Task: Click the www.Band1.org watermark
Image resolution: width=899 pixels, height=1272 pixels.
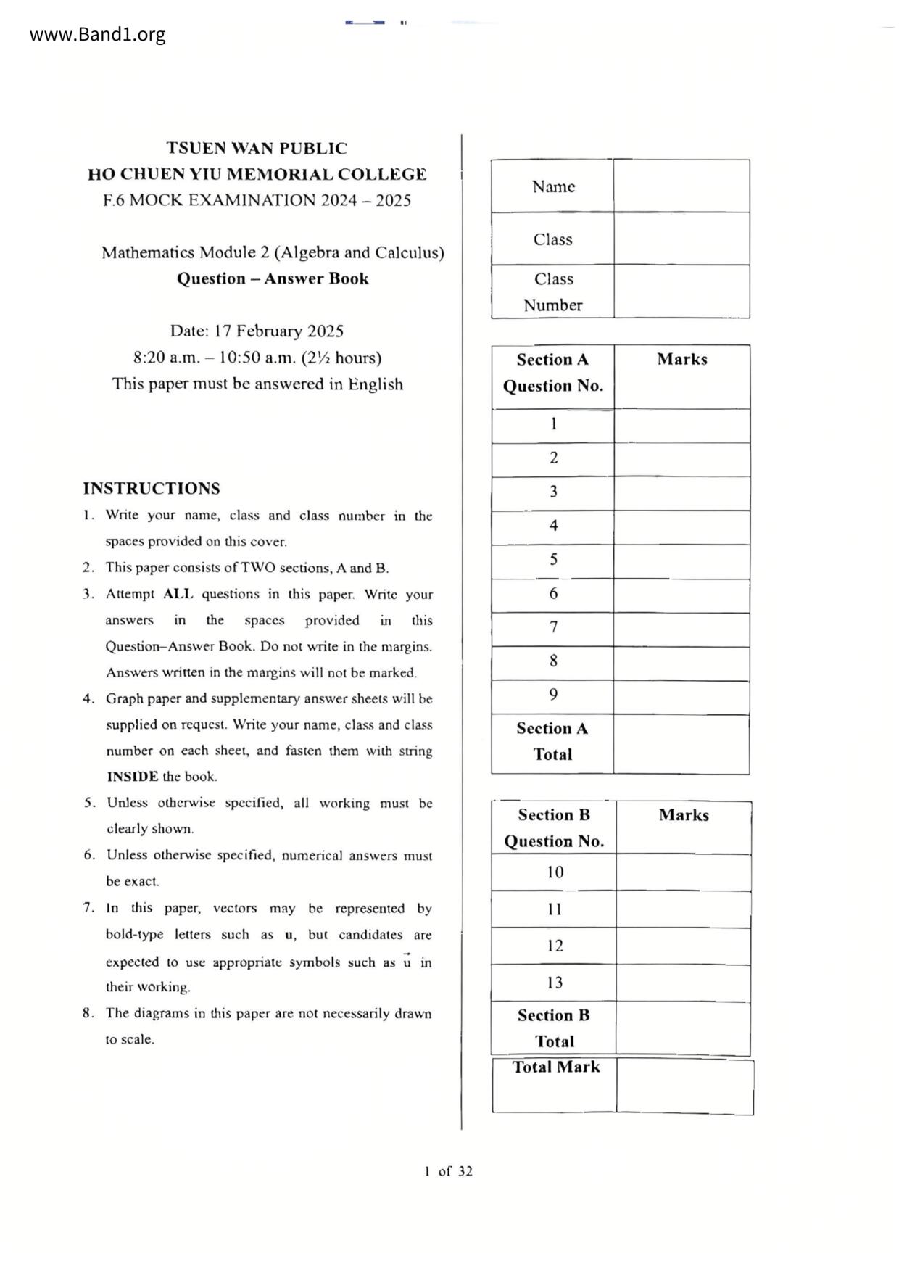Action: pos(97,34)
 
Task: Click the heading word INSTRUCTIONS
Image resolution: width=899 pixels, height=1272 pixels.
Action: pos(152,488)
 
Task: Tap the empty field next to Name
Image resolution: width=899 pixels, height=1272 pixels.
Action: pos(681,186)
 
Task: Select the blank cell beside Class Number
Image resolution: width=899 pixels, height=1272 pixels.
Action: pos(681,292)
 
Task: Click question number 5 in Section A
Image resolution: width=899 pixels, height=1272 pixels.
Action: pos(553,560)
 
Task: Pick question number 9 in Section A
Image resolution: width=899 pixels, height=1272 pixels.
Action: pos(553,695)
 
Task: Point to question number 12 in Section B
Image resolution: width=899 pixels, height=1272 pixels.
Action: pos(555,946)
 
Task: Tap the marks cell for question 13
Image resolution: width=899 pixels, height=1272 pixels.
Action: pos(683,983)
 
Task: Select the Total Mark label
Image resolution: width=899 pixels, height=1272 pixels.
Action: pos(556,1067)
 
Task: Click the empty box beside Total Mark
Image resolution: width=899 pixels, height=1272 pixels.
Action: pos(684,1086)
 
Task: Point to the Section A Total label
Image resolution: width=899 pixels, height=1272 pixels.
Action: pos(552,741)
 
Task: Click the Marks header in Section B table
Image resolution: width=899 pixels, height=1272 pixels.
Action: pos(684,815)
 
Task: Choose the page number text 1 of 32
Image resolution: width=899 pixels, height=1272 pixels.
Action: pos(449,1171)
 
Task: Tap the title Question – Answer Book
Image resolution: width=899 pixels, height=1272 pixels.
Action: pos(273,278)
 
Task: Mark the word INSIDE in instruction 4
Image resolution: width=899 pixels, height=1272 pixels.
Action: pos(132,777)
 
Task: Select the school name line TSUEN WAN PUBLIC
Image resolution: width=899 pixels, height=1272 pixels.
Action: pos(257,149)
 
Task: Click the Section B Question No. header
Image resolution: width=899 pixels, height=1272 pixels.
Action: pos(554,827)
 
